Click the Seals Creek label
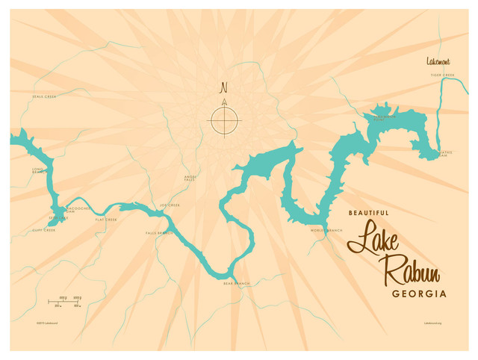[45, 96]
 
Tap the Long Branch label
[38, 170]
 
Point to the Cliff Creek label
[45, 230]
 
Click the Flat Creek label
[106, 220]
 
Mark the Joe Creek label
[170, 205]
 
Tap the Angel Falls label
[190, 178]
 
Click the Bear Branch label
[237, 284]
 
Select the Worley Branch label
[326, 230]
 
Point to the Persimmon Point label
[385, 117]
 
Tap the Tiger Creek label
[442, 75]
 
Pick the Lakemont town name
[438, 60]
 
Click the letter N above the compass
[223, 87]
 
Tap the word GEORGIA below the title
[419, 294]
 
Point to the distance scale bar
[66, 301]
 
